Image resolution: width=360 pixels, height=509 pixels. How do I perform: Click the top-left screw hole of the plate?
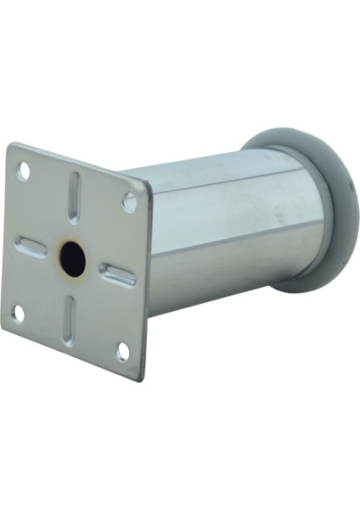coord(24,172)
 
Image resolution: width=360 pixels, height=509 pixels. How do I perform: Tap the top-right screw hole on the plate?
coord(129,203)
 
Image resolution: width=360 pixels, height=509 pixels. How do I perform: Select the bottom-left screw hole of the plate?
coord(18,313)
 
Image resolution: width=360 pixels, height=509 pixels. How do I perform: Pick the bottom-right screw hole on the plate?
coord(122,350)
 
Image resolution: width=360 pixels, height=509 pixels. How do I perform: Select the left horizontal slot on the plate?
coord(31,247)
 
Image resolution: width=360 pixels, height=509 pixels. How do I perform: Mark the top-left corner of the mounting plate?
coord(10,145)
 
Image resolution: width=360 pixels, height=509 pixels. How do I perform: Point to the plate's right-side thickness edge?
coord(146,280)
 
